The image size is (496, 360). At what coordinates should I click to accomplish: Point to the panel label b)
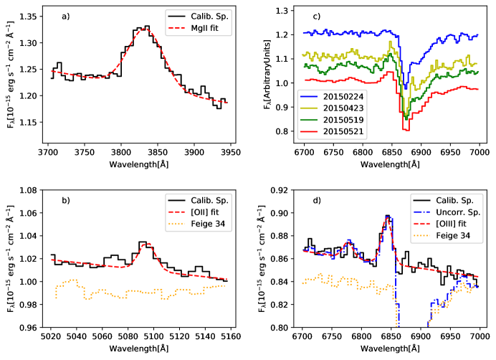65,200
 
